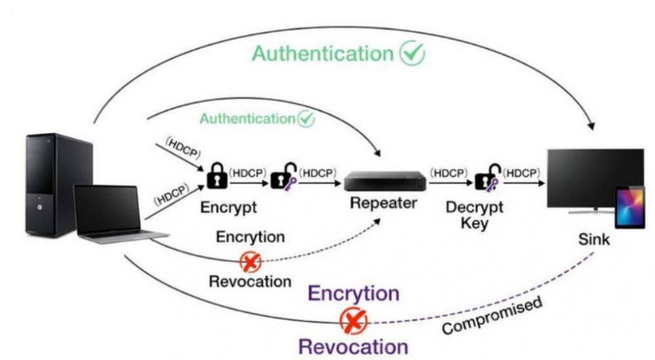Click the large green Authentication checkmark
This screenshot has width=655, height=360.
[413, 53]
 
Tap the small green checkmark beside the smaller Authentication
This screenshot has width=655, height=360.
[306, 118]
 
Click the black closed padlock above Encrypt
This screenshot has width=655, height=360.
[217, 176]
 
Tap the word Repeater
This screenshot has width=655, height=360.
[383, 203]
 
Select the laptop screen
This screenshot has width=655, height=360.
[107, 208]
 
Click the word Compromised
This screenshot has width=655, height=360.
[492, 315]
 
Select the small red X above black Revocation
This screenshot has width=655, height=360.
[250, 262]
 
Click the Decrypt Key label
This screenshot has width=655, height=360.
[476, 215]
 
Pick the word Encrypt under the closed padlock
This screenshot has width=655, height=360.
[229, 208]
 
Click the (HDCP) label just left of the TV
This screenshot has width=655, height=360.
[522, 173]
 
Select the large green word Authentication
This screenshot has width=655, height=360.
[322, 54]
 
